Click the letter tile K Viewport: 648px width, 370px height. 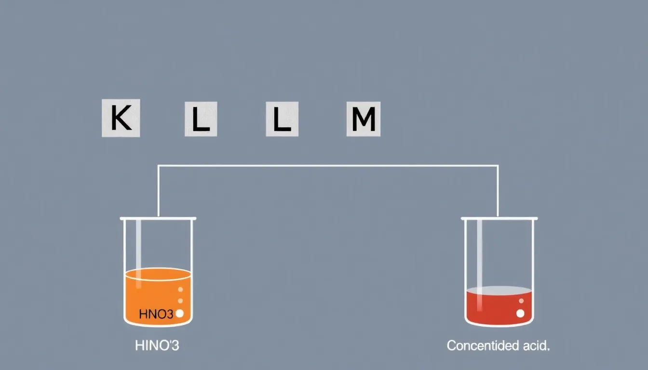121,118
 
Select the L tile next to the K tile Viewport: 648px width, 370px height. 201,119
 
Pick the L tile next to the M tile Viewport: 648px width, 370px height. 282,119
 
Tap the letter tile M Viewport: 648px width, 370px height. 364,119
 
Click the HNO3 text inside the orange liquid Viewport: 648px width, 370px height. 156,314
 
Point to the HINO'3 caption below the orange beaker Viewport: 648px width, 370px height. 157,345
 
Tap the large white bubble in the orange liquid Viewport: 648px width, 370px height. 180,314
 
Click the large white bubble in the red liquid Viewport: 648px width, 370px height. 520,313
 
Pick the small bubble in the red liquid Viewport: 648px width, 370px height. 521,301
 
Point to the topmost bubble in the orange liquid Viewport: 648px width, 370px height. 180,290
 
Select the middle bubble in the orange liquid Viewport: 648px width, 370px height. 180,301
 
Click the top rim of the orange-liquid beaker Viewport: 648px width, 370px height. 158,219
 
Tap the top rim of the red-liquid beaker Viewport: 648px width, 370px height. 499,219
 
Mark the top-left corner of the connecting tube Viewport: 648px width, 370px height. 158,166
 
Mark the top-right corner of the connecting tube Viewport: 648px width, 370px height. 498,166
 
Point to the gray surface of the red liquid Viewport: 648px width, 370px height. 499,291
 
